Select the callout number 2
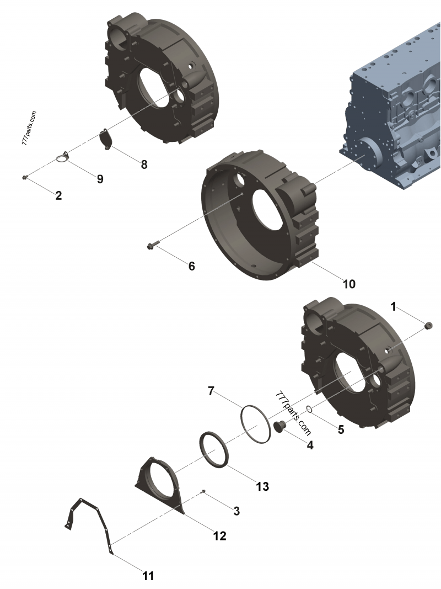(58, 195)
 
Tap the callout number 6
(191, 266)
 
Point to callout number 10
(349, 284)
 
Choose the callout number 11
(148, 576)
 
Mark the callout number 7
(211, 391)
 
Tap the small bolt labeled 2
(25, 177)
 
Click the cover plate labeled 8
(105, 139)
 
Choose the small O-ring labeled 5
(310, 409)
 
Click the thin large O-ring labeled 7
(255, 423)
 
